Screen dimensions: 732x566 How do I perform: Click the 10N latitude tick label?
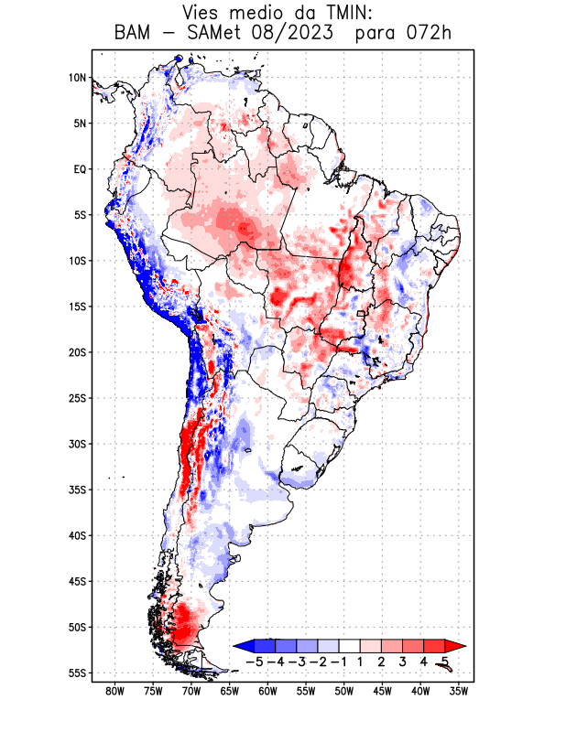[77, 78]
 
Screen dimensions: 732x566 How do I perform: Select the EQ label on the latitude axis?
[80, 169]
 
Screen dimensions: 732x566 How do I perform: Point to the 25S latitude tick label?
[77, 398]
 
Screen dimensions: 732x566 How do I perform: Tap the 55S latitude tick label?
[77, 673]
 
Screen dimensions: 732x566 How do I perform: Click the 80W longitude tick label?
[115, 691]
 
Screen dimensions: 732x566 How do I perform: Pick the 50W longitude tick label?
[343, 691]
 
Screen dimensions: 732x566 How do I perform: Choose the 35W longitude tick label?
[458, 691]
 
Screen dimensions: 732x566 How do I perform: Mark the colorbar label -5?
[256, 661]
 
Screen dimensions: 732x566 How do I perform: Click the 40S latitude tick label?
[77, 535]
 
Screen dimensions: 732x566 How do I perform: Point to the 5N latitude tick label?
[80, 124]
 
